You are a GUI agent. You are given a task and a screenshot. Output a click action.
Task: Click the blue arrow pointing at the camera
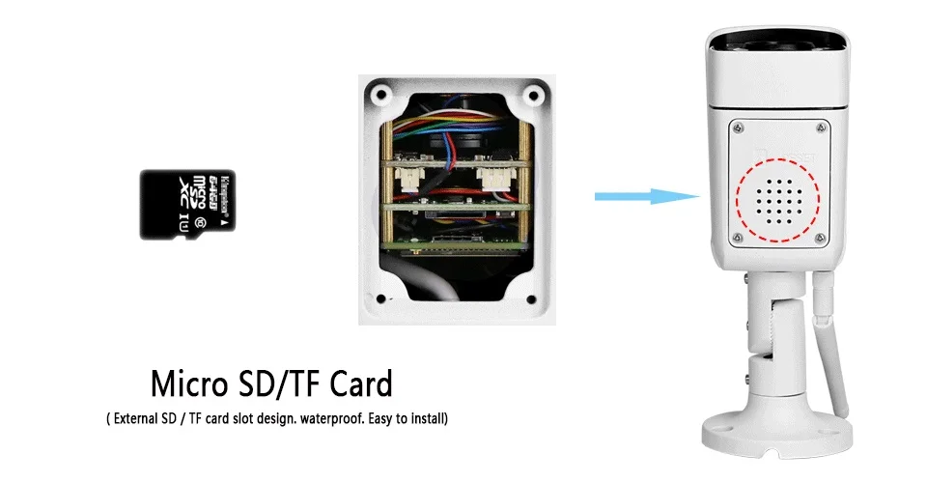(x=646, y=197)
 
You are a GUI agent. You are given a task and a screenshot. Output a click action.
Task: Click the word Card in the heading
(x=357, y=384)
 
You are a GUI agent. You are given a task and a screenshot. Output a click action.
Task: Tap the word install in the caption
(x=424, y=419)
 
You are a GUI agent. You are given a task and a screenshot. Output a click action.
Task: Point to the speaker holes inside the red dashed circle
(x=778, y=202)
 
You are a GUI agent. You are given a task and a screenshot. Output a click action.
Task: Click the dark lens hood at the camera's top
(x=778, y=43)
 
